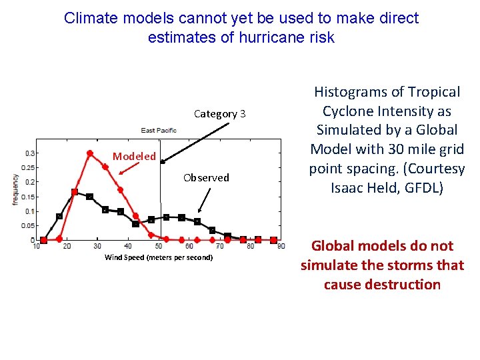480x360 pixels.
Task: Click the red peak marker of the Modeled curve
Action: point(90,153)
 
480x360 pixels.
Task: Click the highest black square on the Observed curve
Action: point(75,192)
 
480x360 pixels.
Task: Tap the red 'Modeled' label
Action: point(134,157)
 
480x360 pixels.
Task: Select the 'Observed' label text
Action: point(206,177)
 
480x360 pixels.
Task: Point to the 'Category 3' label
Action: point(219,114)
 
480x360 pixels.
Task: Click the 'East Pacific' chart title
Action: point(159,130)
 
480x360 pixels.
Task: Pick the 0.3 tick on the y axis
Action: point(31,153)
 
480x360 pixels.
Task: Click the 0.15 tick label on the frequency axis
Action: point(29,197)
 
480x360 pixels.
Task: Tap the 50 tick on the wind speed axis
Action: point(159,247)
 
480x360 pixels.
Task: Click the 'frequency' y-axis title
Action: point(15,189)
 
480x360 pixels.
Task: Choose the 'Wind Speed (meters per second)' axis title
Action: point(159,257)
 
